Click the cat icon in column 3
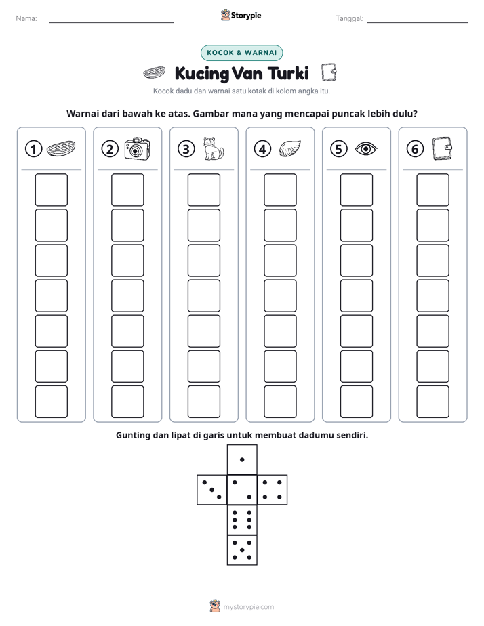[x=214, y=148]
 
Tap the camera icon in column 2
[x=138, y=148]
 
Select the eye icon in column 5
[x=366, y=149]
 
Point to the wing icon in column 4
[x=290, y=149]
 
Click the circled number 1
[x=33, y=149]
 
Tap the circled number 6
[x=415, y=149]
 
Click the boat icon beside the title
[x=154, y=73]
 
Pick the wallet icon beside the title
[x=329, y=72]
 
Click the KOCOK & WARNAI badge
[x=241, y=53]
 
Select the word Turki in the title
[x=288, y=73]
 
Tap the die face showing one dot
[x=242, y=459]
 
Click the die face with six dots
[x=242, y=520]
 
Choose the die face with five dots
[x=242, y=549]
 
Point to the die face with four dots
[x=272, y=489]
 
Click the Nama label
[x=26, y=18]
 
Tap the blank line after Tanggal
[x=418, y=22]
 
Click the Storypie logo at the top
[x=241, y=15]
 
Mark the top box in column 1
[x=51, y=190]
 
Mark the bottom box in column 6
[x=433, y=402]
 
